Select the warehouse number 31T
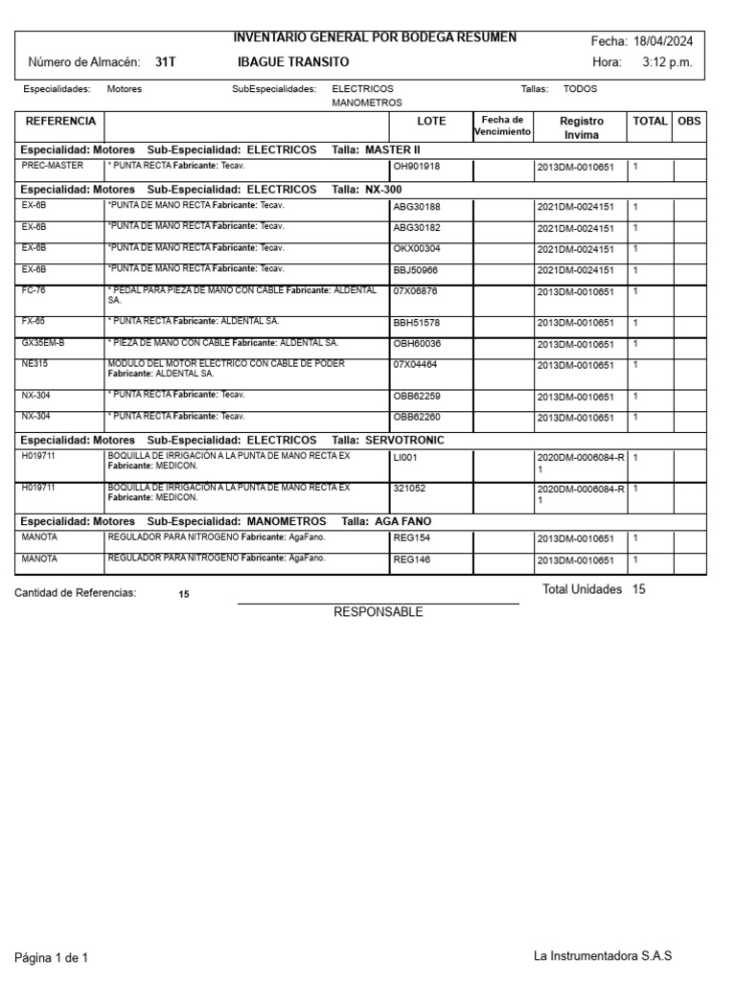tap(166, 62)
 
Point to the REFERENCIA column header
tap(60, 122)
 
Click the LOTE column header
tap(431, 122)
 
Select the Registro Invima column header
tap(582, 127)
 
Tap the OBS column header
tap(689, 122)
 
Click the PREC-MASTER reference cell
tap(53, 166)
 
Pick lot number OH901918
tap(417, 167)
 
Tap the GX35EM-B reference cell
tap(43, 343)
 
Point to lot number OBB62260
tap(417, 418)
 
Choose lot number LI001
tap(406, 458)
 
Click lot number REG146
tap(412, 560)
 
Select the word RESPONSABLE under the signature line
tap(378, 612)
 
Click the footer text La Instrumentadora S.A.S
tap(603, 956)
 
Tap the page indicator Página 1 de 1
tap(51, 957)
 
